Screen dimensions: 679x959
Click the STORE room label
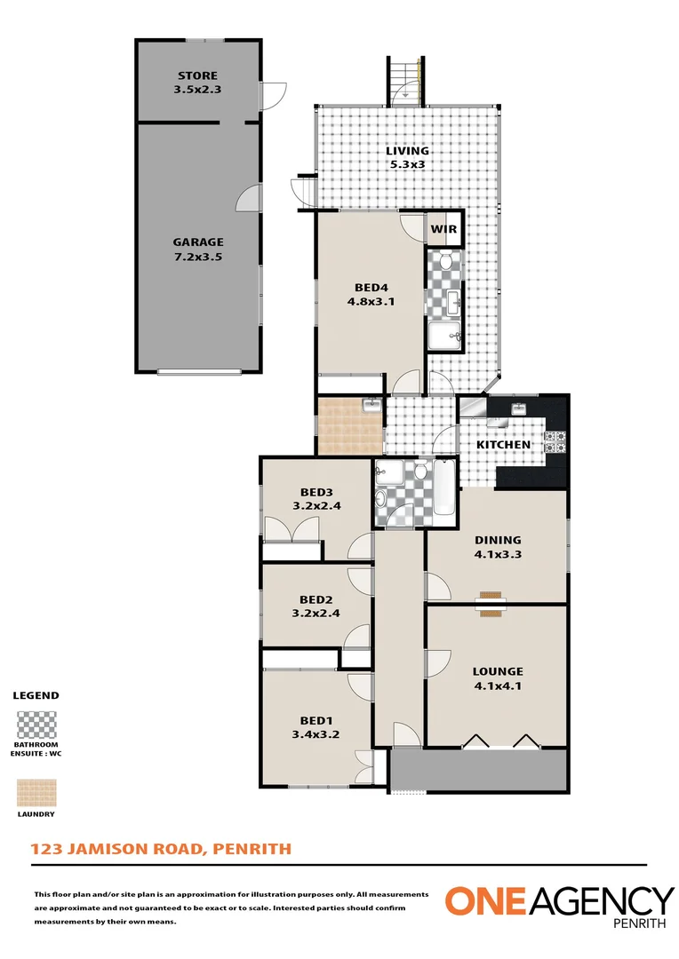[197, 75]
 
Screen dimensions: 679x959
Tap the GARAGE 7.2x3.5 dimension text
[198, 257]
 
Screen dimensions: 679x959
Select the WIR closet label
[443, 229]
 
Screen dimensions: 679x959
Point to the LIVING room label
[407, 150]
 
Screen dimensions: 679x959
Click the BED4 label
[371, 288]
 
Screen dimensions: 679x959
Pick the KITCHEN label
[503, 445]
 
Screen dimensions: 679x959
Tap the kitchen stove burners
[555, 442]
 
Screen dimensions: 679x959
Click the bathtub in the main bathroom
[444, 488]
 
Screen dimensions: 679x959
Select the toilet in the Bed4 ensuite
[446, 262]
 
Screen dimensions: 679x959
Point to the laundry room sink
[371, 405]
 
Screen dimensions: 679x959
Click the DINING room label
[498, 540]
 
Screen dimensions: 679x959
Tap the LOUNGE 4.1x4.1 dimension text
[498, 686]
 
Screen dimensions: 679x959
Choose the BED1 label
[316, 720]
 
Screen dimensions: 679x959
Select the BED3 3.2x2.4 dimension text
[316, 506]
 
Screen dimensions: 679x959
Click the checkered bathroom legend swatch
[36, 725]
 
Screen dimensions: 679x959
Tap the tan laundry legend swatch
[36, 793]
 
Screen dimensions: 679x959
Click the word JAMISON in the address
[103, 849]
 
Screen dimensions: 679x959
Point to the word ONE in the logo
[485, 901]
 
